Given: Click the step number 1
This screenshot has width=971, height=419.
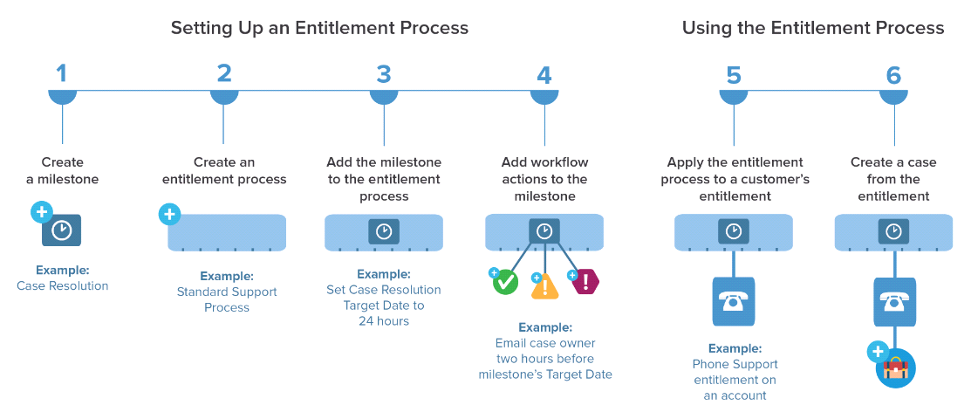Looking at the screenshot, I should pyautogui.click(x=62, y=74).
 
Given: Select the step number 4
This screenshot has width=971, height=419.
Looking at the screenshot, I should pyautogui.click(x=544, y=74).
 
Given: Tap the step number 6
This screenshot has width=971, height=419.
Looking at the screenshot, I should pyautogui.click(x=893, y=75).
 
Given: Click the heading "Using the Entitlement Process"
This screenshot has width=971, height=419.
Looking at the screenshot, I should pyautogui.click(x=812, y=28).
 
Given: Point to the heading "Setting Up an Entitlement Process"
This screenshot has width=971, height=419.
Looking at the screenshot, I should pyautogui.click(x=319, y=28).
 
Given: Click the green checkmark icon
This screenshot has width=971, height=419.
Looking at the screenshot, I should pyautogui.click(x=505, y=283).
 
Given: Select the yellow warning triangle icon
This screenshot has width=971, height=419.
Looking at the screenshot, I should pyautogui.click(x=544, y=285).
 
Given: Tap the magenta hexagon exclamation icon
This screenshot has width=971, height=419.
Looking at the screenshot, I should pyautogui.click(x=585, y=281).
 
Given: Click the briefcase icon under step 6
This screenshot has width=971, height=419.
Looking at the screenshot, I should pyautogui.click(x=895, y=367).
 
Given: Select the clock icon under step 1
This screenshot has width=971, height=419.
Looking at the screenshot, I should pyautogui.click(x=62, y=230).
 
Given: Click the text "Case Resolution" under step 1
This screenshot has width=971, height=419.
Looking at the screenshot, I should pyautogui.click(x=63, y=285).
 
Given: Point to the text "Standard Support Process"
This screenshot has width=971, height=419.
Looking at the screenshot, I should pyautogui.click(x=226, y=299).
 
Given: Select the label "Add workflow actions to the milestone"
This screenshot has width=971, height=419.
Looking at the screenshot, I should pyautogui.click(x=544, y=179).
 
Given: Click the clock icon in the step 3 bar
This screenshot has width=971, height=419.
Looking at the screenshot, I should pyautogui.click(x=384, y=231).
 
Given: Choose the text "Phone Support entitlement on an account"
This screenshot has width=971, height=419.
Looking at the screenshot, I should pyautogui.click(x=735, y=380).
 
